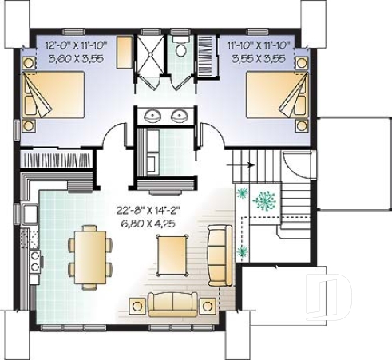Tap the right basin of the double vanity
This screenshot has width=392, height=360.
pos(179,116)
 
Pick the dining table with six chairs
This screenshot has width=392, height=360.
pos(87,256)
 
